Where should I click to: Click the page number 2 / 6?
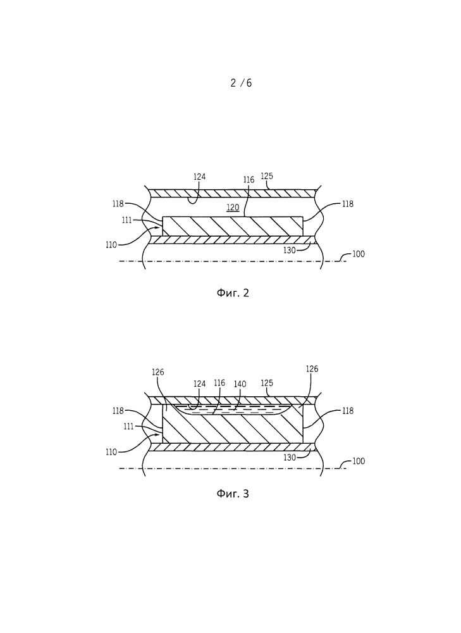click(x=241, y=83)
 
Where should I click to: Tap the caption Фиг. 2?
click(x=232, y=292)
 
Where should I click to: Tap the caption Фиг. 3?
click(x=232, y=493)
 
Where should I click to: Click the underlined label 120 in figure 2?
click(x=233, y=207)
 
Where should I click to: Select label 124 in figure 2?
click(x=200, y=178)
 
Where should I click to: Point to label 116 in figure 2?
click(x=249, y=180)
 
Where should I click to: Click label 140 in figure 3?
click(x=240, y=384)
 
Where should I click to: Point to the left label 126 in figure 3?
click(x=158, y=372)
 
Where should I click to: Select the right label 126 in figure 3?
click(x=312, y=369)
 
